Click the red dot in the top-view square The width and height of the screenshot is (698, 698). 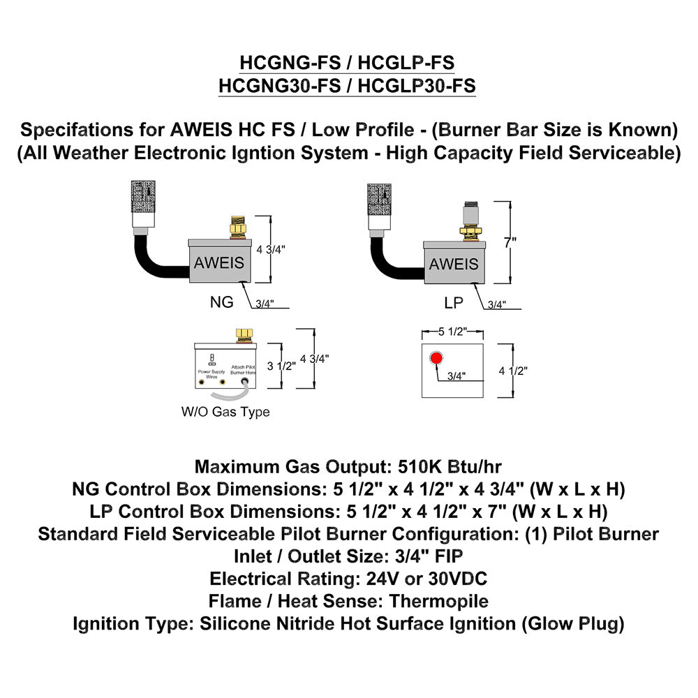[437, 359]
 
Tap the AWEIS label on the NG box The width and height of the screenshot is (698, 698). [219, 262]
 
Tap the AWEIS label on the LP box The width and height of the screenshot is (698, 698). [454, 264]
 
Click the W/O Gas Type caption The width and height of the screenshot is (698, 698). [225, 412]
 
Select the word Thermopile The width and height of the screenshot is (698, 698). [439, 601]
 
